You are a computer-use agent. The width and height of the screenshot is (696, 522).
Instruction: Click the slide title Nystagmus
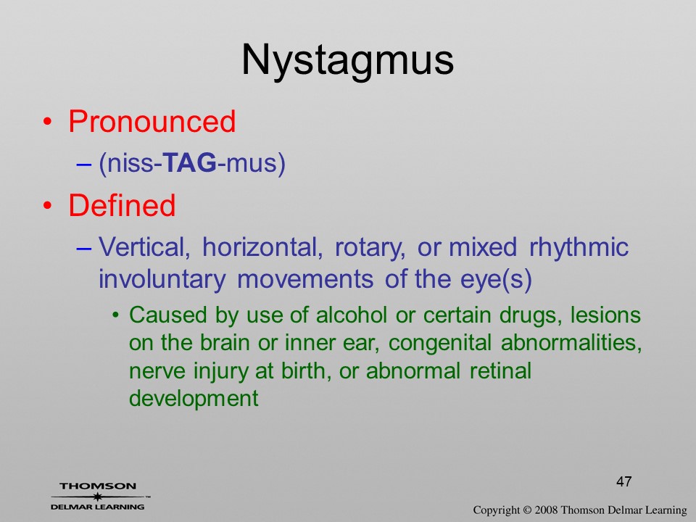347,61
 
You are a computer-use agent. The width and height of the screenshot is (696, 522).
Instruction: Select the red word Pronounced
152,121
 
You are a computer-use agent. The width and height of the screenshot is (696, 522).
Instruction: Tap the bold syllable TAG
190,162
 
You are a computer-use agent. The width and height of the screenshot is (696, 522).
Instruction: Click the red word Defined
122,205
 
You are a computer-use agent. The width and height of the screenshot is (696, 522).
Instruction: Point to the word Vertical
144,246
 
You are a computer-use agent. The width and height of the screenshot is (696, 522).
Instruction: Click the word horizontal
262,246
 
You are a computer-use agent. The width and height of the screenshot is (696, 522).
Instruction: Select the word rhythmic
579,246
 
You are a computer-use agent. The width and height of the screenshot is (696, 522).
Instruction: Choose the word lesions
605,315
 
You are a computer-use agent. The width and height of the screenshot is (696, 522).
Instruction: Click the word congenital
440,343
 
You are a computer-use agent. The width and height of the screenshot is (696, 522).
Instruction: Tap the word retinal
500,370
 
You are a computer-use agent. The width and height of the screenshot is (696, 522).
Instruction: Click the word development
194,399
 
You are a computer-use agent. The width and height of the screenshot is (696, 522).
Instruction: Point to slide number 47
623,481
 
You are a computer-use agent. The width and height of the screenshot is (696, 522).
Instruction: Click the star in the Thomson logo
97,497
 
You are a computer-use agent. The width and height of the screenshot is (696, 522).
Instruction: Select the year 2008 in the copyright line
546,510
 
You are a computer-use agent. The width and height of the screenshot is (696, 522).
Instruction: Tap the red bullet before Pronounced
48,122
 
